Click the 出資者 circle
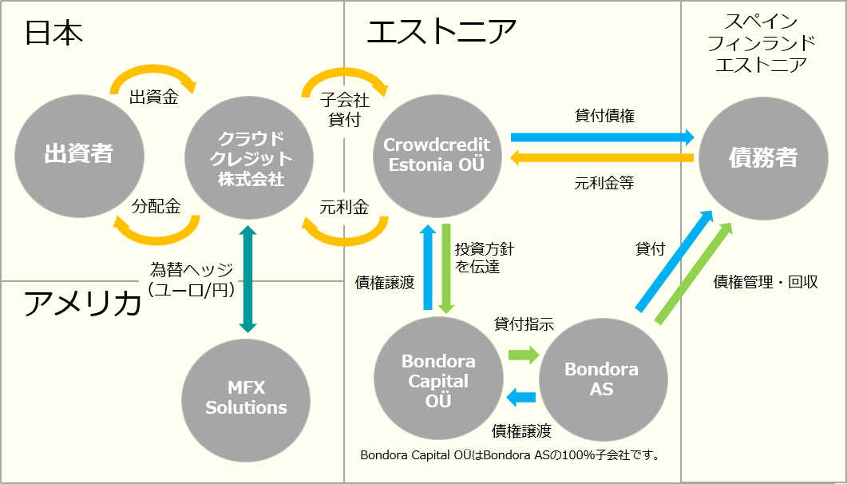pos(79,154)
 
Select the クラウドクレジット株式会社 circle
pos(249,157)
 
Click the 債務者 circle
pos(763,157)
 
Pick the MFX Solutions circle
pos(247,398)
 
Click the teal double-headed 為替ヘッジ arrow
pos(248,279)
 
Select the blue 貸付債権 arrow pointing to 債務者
pos(602,137)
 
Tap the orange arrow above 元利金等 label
pos(602,158)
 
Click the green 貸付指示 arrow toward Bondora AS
pos(524,355)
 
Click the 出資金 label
pos(154,98)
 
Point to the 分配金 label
pos(156,206)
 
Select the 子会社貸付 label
pos(344,109)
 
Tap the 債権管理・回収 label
pos(766,282)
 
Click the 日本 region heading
pos(54,34)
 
